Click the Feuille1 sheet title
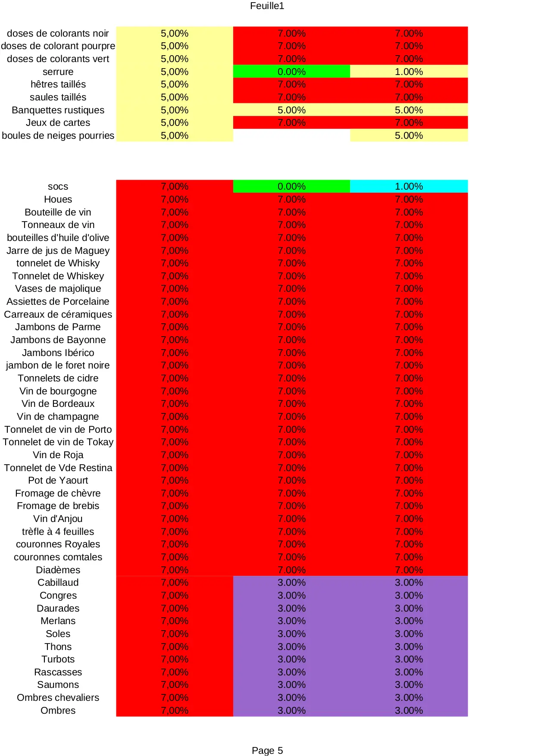[x=267, y=6]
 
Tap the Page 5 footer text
[x=267, y=750]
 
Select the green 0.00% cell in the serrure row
[x=291, y=72]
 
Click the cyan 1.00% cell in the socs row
[x=409, y=186]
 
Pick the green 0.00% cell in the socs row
[x=291, y=186]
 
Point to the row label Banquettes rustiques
[x=58, y=110]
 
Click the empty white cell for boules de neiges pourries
[x=291, y=135]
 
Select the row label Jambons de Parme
[x=58, y=327]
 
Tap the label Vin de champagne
[x=58, y=416]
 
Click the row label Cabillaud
[x=58, y=582]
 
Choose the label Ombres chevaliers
[x=58, y=697]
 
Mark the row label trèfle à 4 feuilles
[x=58, y=531]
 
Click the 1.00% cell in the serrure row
[x=409, y=72]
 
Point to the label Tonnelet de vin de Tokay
[x=58, y=442]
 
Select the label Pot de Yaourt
[x=58, y=480]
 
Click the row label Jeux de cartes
[x=58, y=122]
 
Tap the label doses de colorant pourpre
[x=58, y=46]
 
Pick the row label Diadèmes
[x=58, y=570]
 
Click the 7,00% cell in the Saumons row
[x=175, y=684]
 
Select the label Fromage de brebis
[x=58, y=506]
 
